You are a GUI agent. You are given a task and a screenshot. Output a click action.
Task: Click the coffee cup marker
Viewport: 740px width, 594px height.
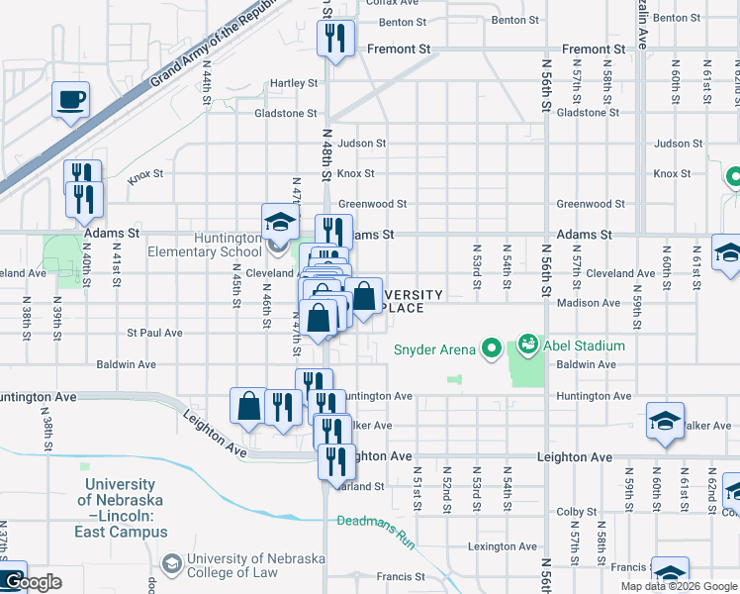(x=71, y=100)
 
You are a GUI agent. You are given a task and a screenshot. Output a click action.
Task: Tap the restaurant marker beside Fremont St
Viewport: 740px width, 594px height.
(x=334, y=40)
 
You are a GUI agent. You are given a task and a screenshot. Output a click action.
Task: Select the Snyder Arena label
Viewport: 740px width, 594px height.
(x=435, y=347)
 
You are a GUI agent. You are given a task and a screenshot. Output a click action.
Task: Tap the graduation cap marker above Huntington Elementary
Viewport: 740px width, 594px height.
(x=280, y=223)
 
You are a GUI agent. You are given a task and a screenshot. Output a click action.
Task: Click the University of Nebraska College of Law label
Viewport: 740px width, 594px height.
(x=256, y=566)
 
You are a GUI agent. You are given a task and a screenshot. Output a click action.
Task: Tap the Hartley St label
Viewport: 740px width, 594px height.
(x=294, y=83)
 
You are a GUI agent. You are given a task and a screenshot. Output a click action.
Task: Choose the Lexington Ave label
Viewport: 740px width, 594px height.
(x=504, y=546)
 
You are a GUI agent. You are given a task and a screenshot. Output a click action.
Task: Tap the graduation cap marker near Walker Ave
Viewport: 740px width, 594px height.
(x=665, y=422)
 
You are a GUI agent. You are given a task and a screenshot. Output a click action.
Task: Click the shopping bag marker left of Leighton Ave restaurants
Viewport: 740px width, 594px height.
(x=248, y=406)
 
